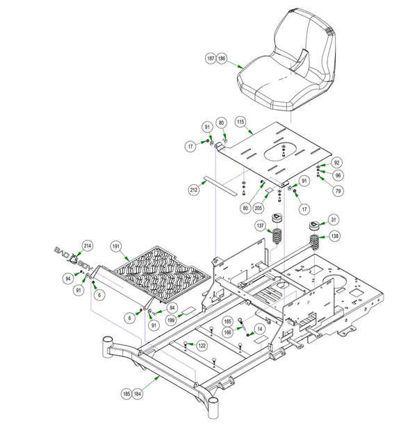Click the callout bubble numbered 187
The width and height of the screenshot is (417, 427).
[211, 58]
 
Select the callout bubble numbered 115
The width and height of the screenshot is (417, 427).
[240, 122]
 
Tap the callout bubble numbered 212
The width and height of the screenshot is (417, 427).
[193, 190]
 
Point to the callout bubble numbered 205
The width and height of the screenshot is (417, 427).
[258, 208]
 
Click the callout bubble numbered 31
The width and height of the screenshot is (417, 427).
[334, 220]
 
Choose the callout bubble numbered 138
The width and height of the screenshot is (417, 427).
[334, 236]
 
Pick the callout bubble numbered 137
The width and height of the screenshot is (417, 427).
[260, 225]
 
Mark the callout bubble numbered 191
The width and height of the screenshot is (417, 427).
[115, 246]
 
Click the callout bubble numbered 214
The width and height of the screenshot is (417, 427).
[88, 245]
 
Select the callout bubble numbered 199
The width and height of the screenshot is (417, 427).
[171, 320]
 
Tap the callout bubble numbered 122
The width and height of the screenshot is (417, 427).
[202, 346]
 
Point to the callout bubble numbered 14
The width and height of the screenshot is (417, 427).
[260, 329]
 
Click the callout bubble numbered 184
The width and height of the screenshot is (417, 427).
[138, 394]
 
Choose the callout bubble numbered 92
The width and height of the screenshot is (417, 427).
[336, 163]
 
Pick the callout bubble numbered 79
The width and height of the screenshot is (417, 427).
[338, 191]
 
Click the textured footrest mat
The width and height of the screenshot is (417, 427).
[162, 274]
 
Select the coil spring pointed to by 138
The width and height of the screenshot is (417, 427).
[315, 242]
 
